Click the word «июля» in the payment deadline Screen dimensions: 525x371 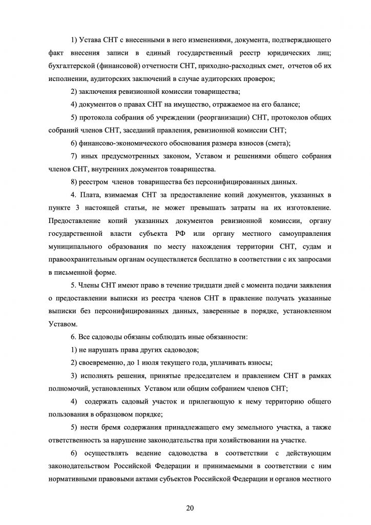(x=145, y=363)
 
